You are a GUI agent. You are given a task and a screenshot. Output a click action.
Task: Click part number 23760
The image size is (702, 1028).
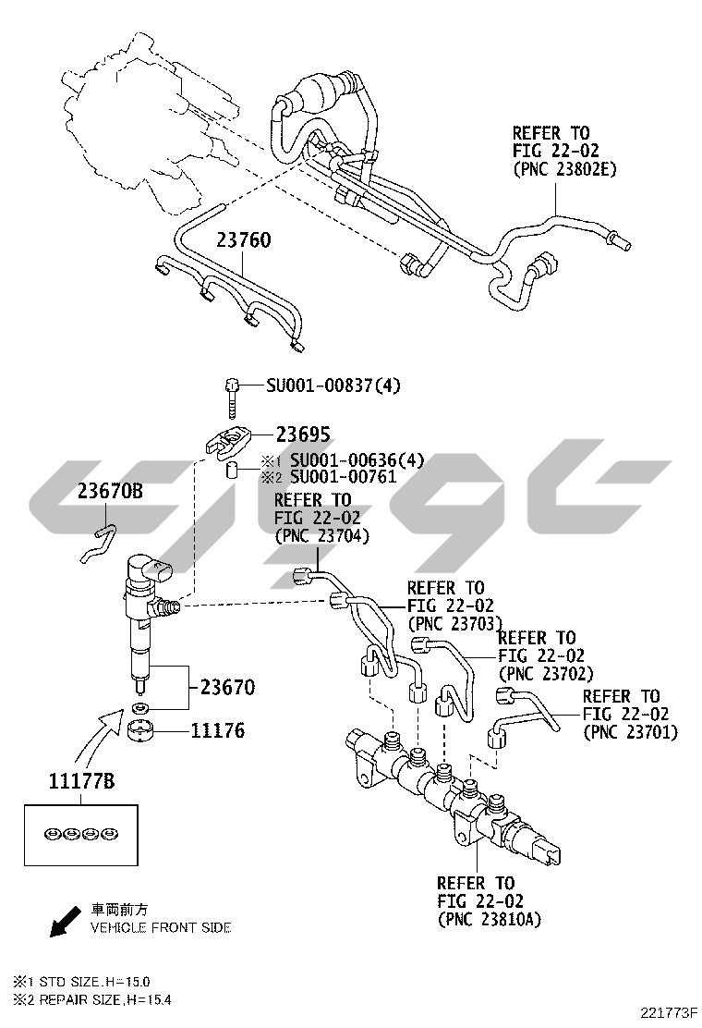click(x=244, y=240)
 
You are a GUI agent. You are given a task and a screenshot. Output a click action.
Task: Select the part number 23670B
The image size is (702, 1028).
click(x=110, y=492)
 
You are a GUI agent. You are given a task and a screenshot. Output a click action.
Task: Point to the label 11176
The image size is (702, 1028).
click(x=218, y=731)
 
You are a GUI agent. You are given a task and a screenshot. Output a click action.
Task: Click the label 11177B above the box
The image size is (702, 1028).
click(x=81, y=782)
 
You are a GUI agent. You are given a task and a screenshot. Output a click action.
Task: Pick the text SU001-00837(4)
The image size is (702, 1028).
click(x=333, y=385)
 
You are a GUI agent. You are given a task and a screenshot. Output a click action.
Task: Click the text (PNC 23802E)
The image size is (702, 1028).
click(x=564, y=169)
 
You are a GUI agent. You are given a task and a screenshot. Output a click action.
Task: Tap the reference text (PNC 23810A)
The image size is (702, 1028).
click(x=489, y=920)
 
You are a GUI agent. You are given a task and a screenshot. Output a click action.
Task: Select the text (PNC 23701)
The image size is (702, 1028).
click(x=630, y=731)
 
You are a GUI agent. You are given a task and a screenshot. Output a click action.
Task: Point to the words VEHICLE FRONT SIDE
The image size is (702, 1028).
click(x=160, y=927)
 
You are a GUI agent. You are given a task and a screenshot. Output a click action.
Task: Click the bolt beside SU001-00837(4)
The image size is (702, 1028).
click(x=231, y=394)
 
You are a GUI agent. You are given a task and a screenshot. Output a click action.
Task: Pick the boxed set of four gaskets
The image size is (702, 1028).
click(x=80, y=834)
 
